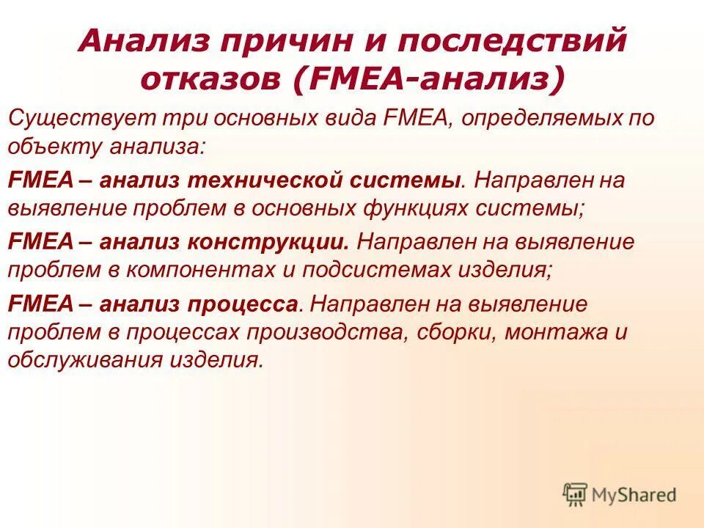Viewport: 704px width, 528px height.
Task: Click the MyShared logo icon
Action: (576, 495)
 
